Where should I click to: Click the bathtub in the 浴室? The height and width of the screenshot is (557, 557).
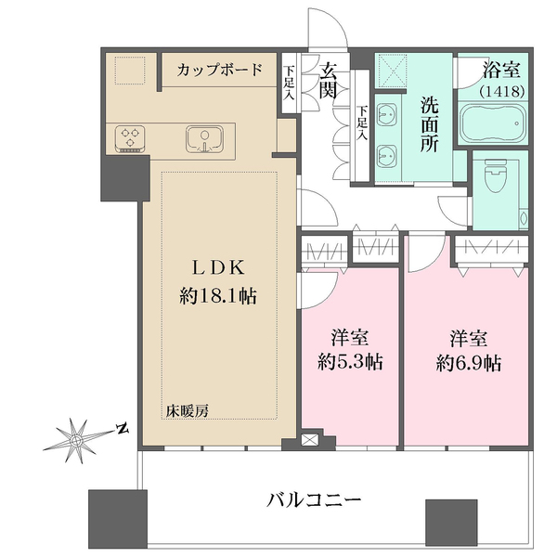tap(493, 123)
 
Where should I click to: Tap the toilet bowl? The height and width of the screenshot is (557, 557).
tap(497, 174)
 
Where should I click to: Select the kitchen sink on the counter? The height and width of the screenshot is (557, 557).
tap(204, 139)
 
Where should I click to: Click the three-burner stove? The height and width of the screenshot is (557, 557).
tap(130, 138)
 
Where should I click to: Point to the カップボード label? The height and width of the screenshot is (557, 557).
tap(220, 70)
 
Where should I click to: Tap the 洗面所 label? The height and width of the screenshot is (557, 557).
tap(430, 124)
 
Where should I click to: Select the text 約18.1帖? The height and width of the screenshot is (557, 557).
tap(218, 295)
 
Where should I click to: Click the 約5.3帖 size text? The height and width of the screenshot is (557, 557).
tap(350, 362)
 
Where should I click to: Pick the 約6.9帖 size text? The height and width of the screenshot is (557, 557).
tap(469, 363)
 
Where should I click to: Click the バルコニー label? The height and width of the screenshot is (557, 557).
tap(314, 500)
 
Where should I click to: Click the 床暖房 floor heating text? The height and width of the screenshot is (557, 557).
tap(188, 411)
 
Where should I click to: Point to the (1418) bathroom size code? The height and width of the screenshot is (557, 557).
tap(502, 92)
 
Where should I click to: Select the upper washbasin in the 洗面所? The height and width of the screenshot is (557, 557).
tap(386, 113)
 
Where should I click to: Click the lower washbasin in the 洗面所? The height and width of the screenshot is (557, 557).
tap(386, 156)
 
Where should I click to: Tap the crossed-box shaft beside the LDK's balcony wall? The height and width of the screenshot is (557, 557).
tap(307, 440)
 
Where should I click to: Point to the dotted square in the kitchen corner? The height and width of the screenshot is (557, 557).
tap(130, 71)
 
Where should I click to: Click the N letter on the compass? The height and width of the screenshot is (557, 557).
tap(123, 429)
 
